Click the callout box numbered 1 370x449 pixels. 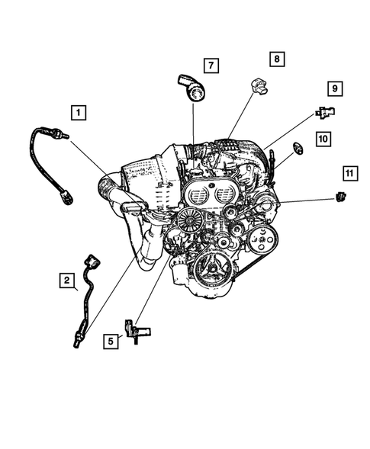point(78,114)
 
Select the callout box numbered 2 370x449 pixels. point(69,282)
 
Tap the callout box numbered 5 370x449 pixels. point(112,341)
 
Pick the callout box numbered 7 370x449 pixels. point(211,65)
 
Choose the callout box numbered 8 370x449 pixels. point(275,59)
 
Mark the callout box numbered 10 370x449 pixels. point(323,139)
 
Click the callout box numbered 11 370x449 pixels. point(349,174)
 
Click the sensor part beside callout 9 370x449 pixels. point(326,112)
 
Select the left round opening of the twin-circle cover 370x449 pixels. point(199,197)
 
